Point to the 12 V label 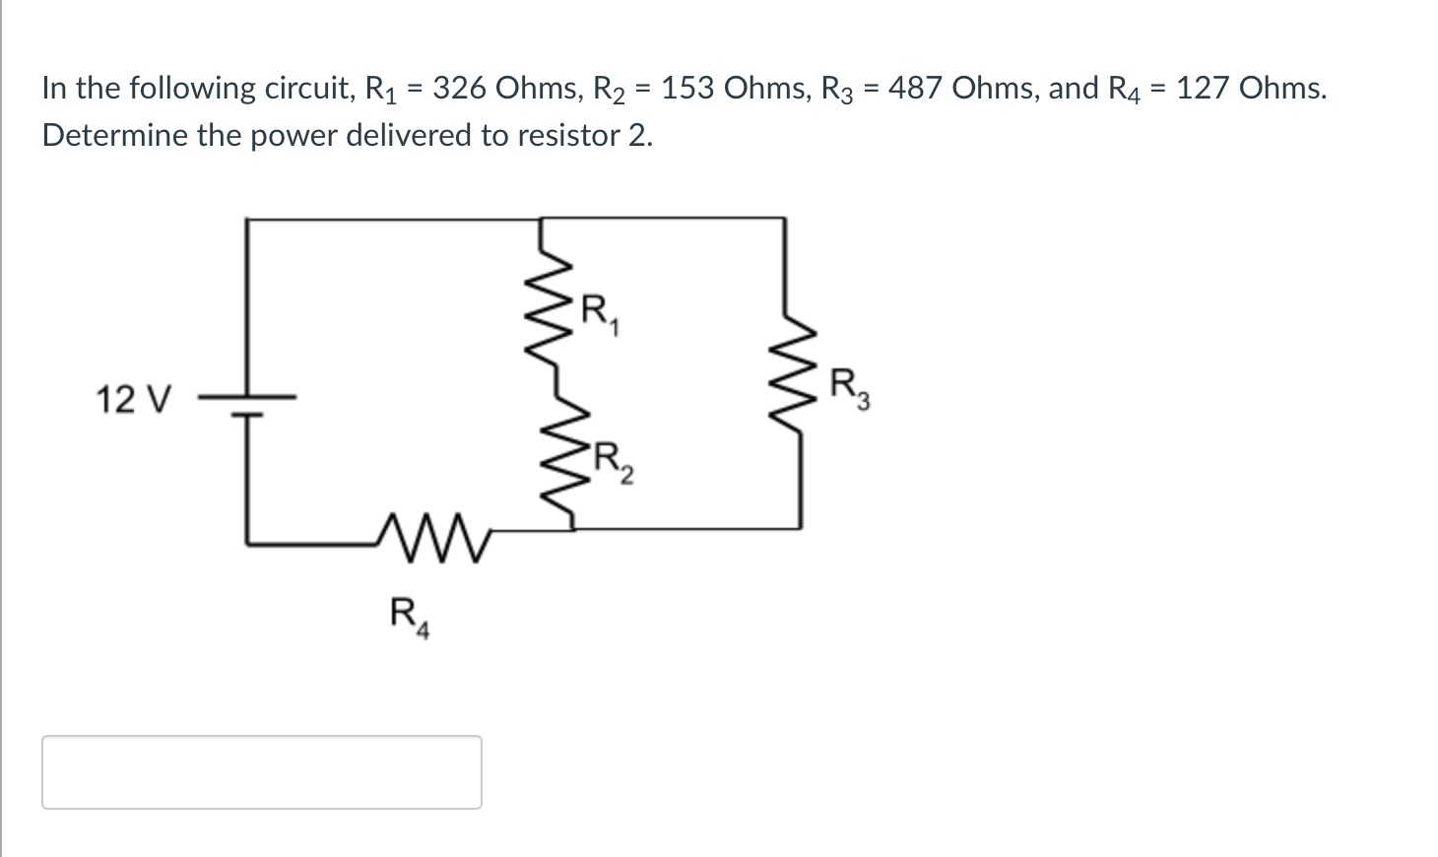point(133,401)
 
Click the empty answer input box point(262,772)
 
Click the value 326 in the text point(460,89)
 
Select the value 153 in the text point(688,89)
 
